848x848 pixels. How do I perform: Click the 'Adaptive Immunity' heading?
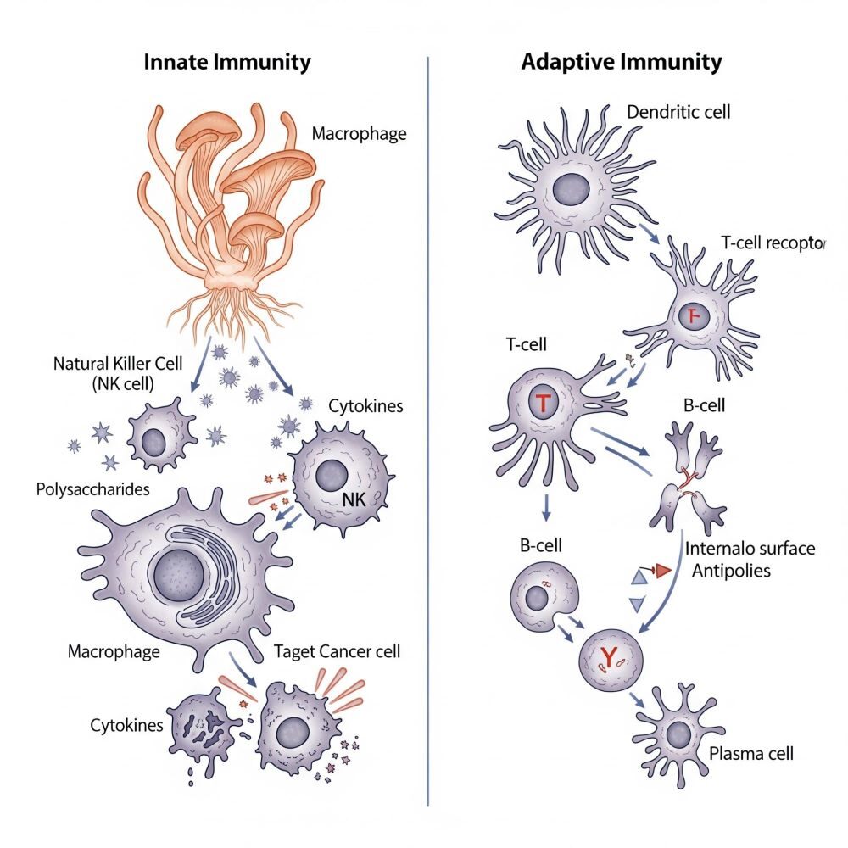pyautogui.click(x=622, y=62)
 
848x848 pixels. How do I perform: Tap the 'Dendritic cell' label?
pyautogui.click(x=678, y=111)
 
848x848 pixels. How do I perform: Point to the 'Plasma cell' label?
pyautogui.click(x=751, y=753)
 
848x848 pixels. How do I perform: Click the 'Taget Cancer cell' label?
pyautogui.click(x=338, y=652)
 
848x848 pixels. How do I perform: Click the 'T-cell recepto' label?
pyautogui.click(x=772, y=242)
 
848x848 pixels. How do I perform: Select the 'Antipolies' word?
pyautogui.click(x=731, y=571)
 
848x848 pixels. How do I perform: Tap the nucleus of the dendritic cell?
pyautogui.click(x=572, y=188)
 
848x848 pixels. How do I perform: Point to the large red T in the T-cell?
pyautogui.click(x=542, y=404)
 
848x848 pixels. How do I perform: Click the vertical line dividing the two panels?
pyautogui.click(x=428, y=424)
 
